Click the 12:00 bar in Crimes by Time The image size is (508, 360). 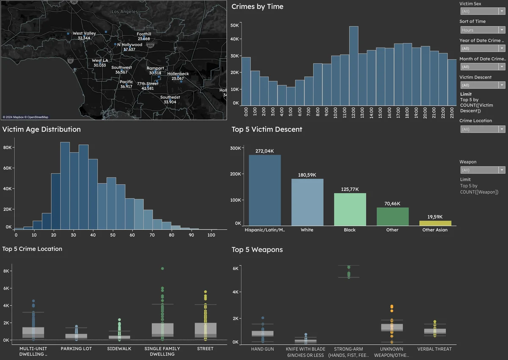[353, 66]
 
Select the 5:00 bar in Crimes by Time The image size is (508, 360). [291, 96]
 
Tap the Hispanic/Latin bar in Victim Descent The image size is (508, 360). [265, 190]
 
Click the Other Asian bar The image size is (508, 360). [435, 223]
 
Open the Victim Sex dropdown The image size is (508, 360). [482, 11]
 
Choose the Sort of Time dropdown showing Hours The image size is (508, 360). [482, 30]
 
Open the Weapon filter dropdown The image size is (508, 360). [482, 170]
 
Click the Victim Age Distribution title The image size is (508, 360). [41, 130]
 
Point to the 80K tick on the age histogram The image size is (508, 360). [7, 147]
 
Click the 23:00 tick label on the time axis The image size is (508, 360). [452, 112]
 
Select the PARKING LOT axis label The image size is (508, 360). [76, 349]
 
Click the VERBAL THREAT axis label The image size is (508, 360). [434, 349]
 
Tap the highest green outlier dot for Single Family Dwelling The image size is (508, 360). [162, 269]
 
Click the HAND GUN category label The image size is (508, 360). [262, 349]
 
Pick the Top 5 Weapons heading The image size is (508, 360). [257, 250]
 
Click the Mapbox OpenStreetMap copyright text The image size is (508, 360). [25, 117]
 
